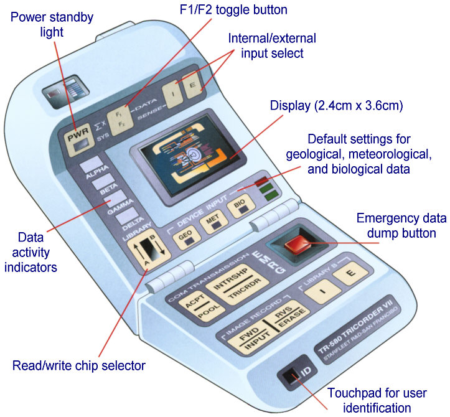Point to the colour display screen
click(x=187, y=156)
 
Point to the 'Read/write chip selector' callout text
click(x=80, y=365)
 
